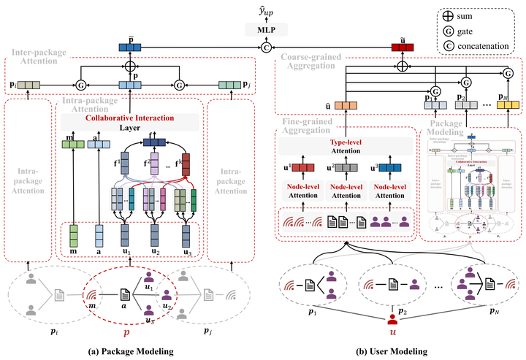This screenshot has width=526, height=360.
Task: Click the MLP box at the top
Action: click(264, 29)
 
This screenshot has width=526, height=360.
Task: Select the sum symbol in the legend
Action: click(448, 14)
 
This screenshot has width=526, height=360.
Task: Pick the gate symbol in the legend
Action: click(448, 30)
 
